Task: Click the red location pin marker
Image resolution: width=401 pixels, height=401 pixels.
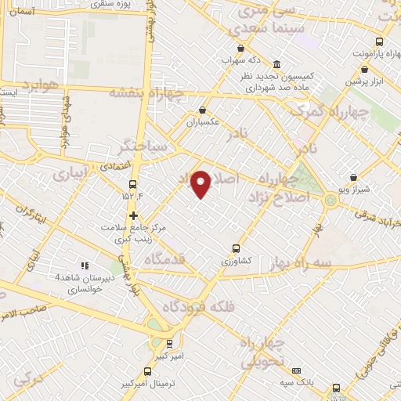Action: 201,183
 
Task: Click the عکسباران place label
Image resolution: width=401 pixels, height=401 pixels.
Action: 204,122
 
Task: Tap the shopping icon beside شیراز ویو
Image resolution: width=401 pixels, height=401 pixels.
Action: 352,178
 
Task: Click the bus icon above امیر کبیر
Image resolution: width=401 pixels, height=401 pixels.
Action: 170,343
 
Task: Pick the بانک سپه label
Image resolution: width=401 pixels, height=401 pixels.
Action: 297,383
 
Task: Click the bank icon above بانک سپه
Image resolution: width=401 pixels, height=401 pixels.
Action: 296,370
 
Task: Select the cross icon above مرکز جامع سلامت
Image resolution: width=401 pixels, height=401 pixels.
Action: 134,215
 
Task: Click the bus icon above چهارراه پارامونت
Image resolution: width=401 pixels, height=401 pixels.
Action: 379,42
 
